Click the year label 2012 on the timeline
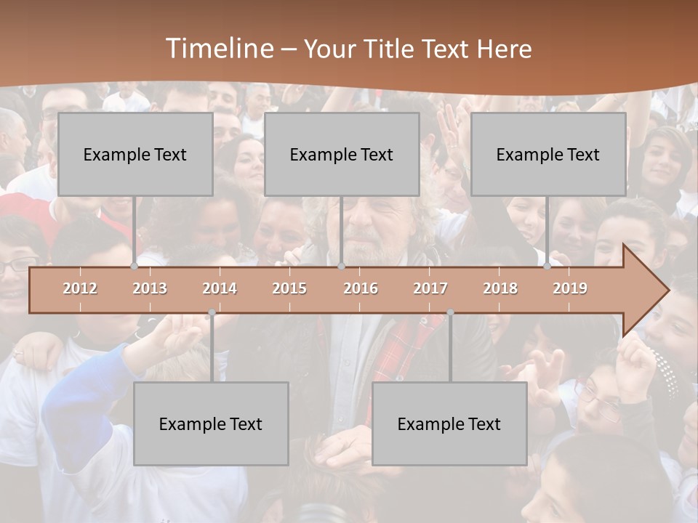pos(80,288)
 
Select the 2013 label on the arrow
pos(150,288)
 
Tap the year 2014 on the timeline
pos(220,288)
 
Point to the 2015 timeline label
pos(289,288)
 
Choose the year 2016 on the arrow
pos(361,288)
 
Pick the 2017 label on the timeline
pos(430,288)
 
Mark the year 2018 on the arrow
pos(500,288)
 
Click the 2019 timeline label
pos(570,288)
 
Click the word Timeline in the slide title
pos(218,49)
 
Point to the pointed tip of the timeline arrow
pos(667,290)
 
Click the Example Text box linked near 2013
pos(135,155)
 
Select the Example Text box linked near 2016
pos(342,155)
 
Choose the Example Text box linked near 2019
pos(548,155)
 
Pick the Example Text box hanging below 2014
pos(211,424)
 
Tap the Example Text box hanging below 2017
pos(449,424)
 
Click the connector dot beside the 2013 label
pos(135,267)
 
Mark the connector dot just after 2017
pos(450,313)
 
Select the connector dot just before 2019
pos(547,267)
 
